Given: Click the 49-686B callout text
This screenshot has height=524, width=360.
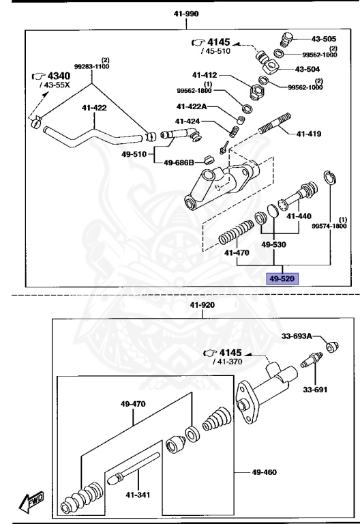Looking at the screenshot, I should pyautogui.click(x=179, y=162).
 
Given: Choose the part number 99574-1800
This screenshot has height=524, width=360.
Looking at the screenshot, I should pyautogui.click(x=329, y=226).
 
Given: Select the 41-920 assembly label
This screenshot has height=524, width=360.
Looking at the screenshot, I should pyautogui.click(x=203, y=305).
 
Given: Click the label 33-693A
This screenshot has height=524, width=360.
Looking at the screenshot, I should pyautogui.click(x=297, y=336).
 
